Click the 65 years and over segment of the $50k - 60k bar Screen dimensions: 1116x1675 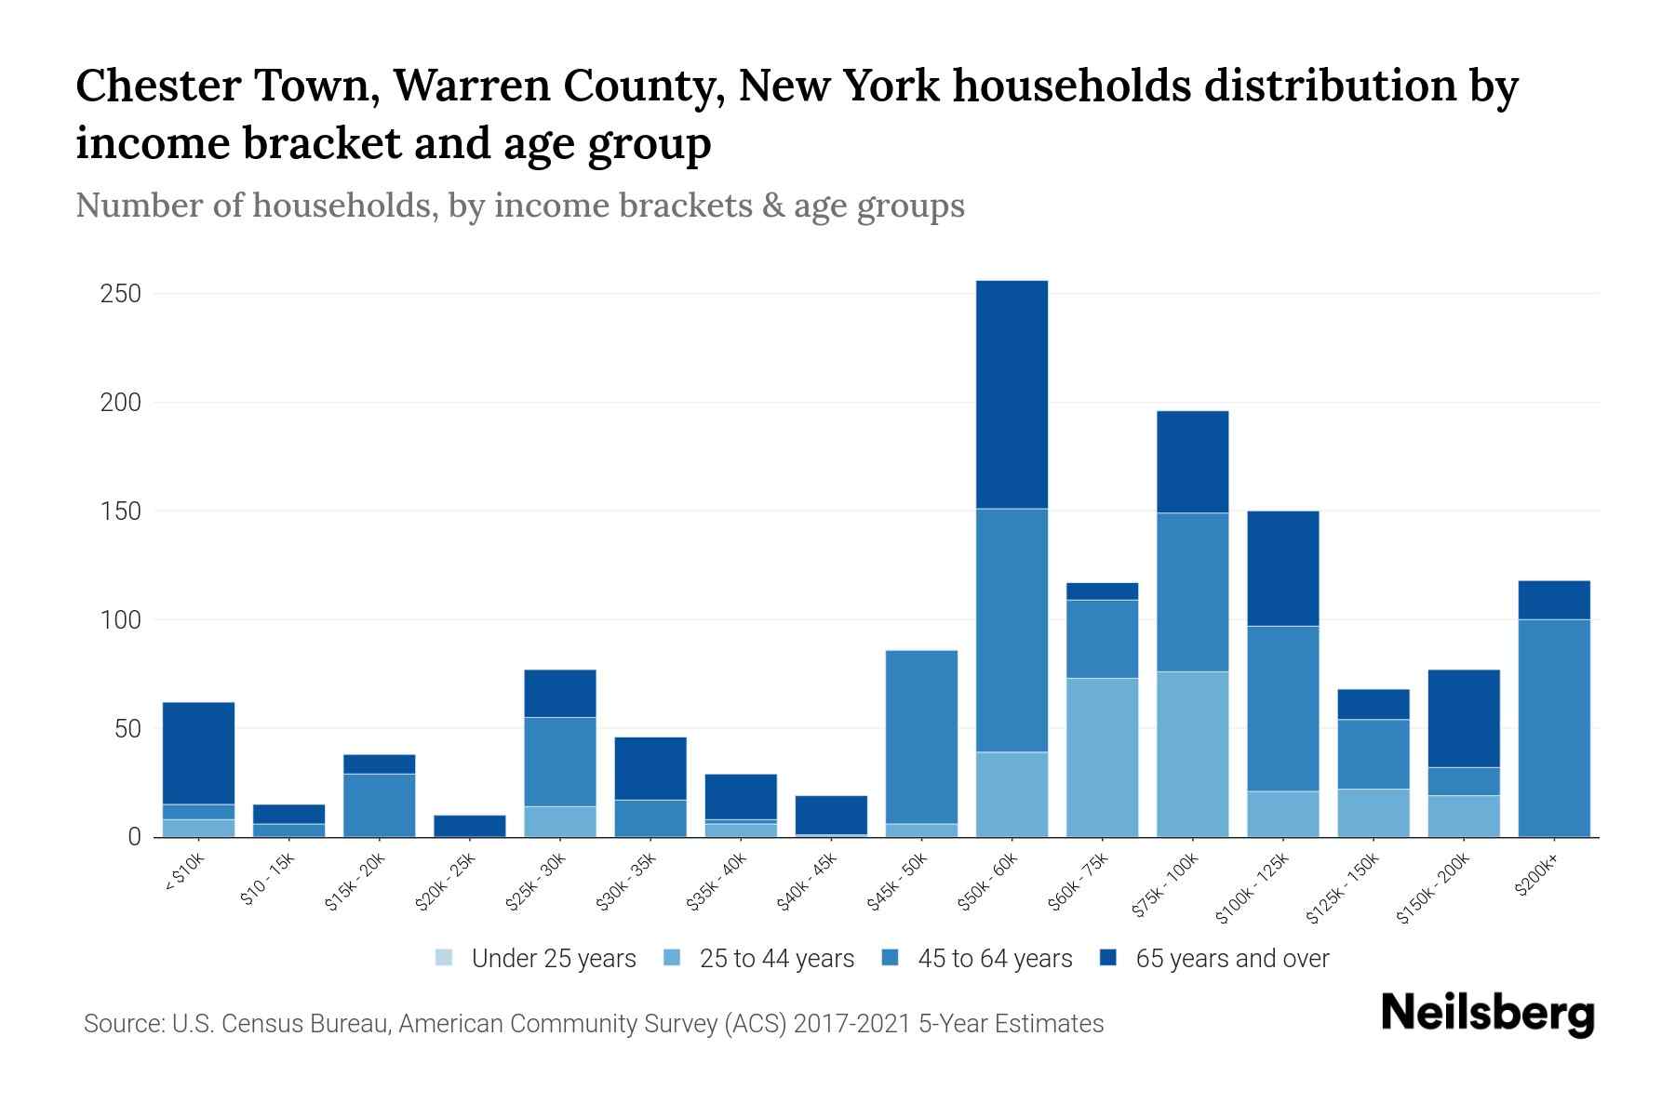1012,394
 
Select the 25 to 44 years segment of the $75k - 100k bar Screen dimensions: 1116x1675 1192,754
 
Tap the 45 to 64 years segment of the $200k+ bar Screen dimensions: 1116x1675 1553,728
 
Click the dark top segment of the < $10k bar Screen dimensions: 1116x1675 198,752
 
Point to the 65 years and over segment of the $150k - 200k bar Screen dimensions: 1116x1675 1463,718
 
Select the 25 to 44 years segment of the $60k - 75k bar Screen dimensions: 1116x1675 1102,757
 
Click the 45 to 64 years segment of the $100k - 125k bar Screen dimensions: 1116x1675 1282,709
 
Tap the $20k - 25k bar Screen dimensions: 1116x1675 469,825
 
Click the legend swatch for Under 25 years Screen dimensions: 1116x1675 445,958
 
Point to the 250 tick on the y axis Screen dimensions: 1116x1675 120,294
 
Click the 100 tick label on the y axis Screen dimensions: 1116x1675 120,619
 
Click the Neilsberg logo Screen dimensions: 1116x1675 1488,1015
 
